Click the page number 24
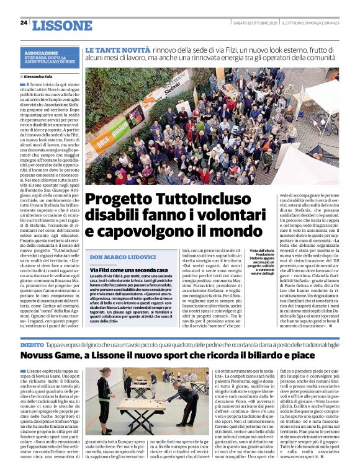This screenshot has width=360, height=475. pyautogui.click(x=24, y=23)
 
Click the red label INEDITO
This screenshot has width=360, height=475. pyautogui.click(x=32, y=344)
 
